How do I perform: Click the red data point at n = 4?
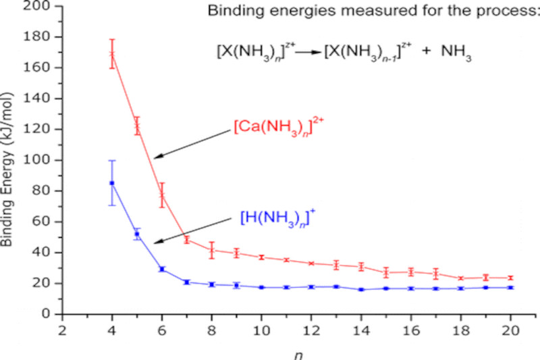[112, 55]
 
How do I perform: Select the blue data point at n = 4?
[112, 183]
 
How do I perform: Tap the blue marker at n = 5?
[137, 234]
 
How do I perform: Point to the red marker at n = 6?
[162, 195]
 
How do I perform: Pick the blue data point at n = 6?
[162, 269]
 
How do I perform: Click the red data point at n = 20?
[510, 278]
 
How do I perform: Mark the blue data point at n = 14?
[361, 289]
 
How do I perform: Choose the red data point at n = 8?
[212, 250]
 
